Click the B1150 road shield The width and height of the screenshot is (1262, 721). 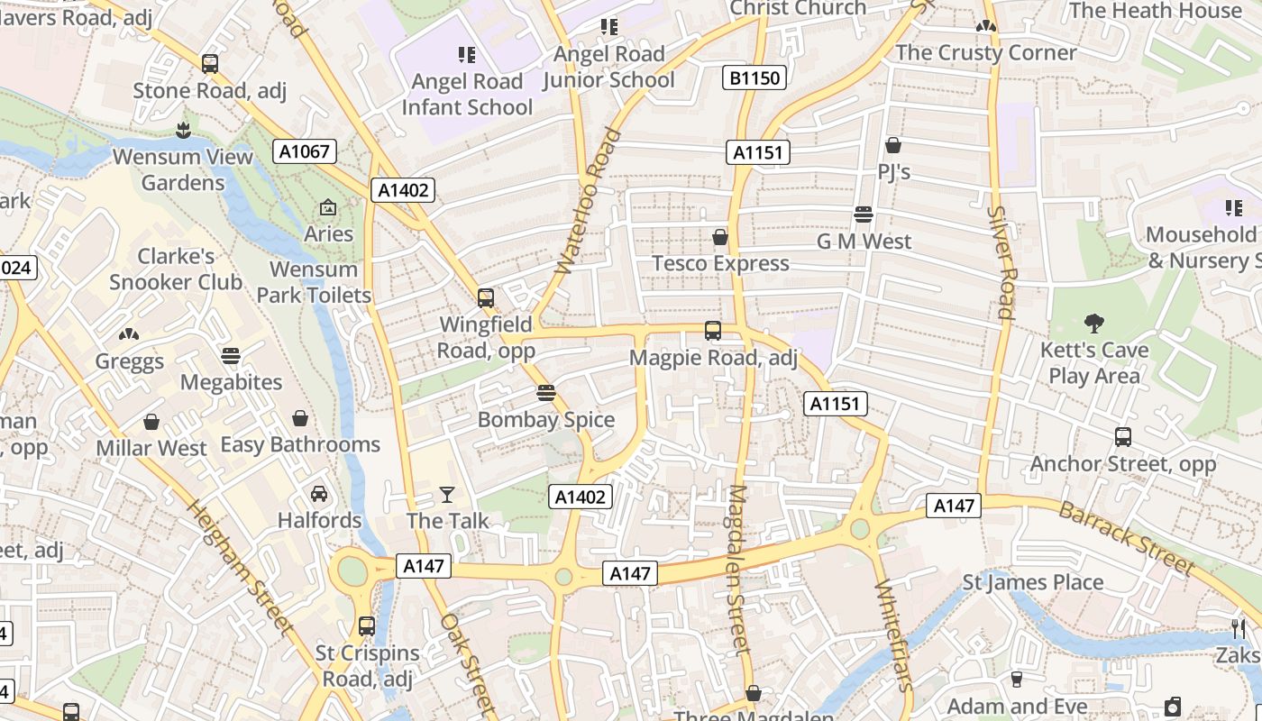pyautogui.click(x=754, y=78)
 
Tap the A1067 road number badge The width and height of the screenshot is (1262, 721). pyautogui.click(x=305, y=151)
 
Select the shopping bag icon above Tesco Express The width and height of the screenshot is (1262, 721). pyautogui.click(x=720, y=237)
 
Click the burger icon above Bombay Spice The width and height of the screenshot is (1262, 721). pyautogui.click(x=545, y=393)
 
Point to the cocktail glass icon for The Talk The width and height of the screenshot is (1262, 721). pyautogui.click(x=447, y=494)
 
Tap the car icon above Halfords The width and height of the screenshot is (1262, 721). pyautogui.click(x=319, y=494)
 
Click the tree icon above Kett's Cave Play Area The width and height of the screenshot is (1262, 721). pyautogui.click(x=1094, y=323)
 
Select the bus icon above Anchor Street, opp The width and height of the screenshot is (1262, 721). pyautogui.click(x=1123, y=437)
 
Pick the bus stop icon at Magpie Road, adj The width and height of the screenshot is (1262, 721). pyautogui.click(x=713, y=331)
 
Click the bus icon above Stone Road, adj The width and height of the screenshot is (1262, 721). pyautogui.click(x=210, y=64)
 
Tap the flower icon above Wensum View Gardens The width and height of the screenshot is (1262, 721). pyautogui.click(x=184, y=130)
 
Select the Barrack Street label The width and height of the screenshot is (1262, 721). pyautogui.click(x=1126, y=538)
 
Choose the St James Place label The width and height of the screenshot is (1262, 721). pyautogui.click(x=1033, y=582)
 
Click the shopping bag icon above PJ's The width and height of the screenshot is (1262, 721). pyautogui.click(x=893, y=145)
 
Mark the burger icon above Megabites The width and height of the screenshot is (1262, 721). pyautogui.click(x=231, y=356)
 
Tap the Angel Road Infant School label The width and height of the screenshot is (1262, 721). pyautogui.click(x=467, y=94)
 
